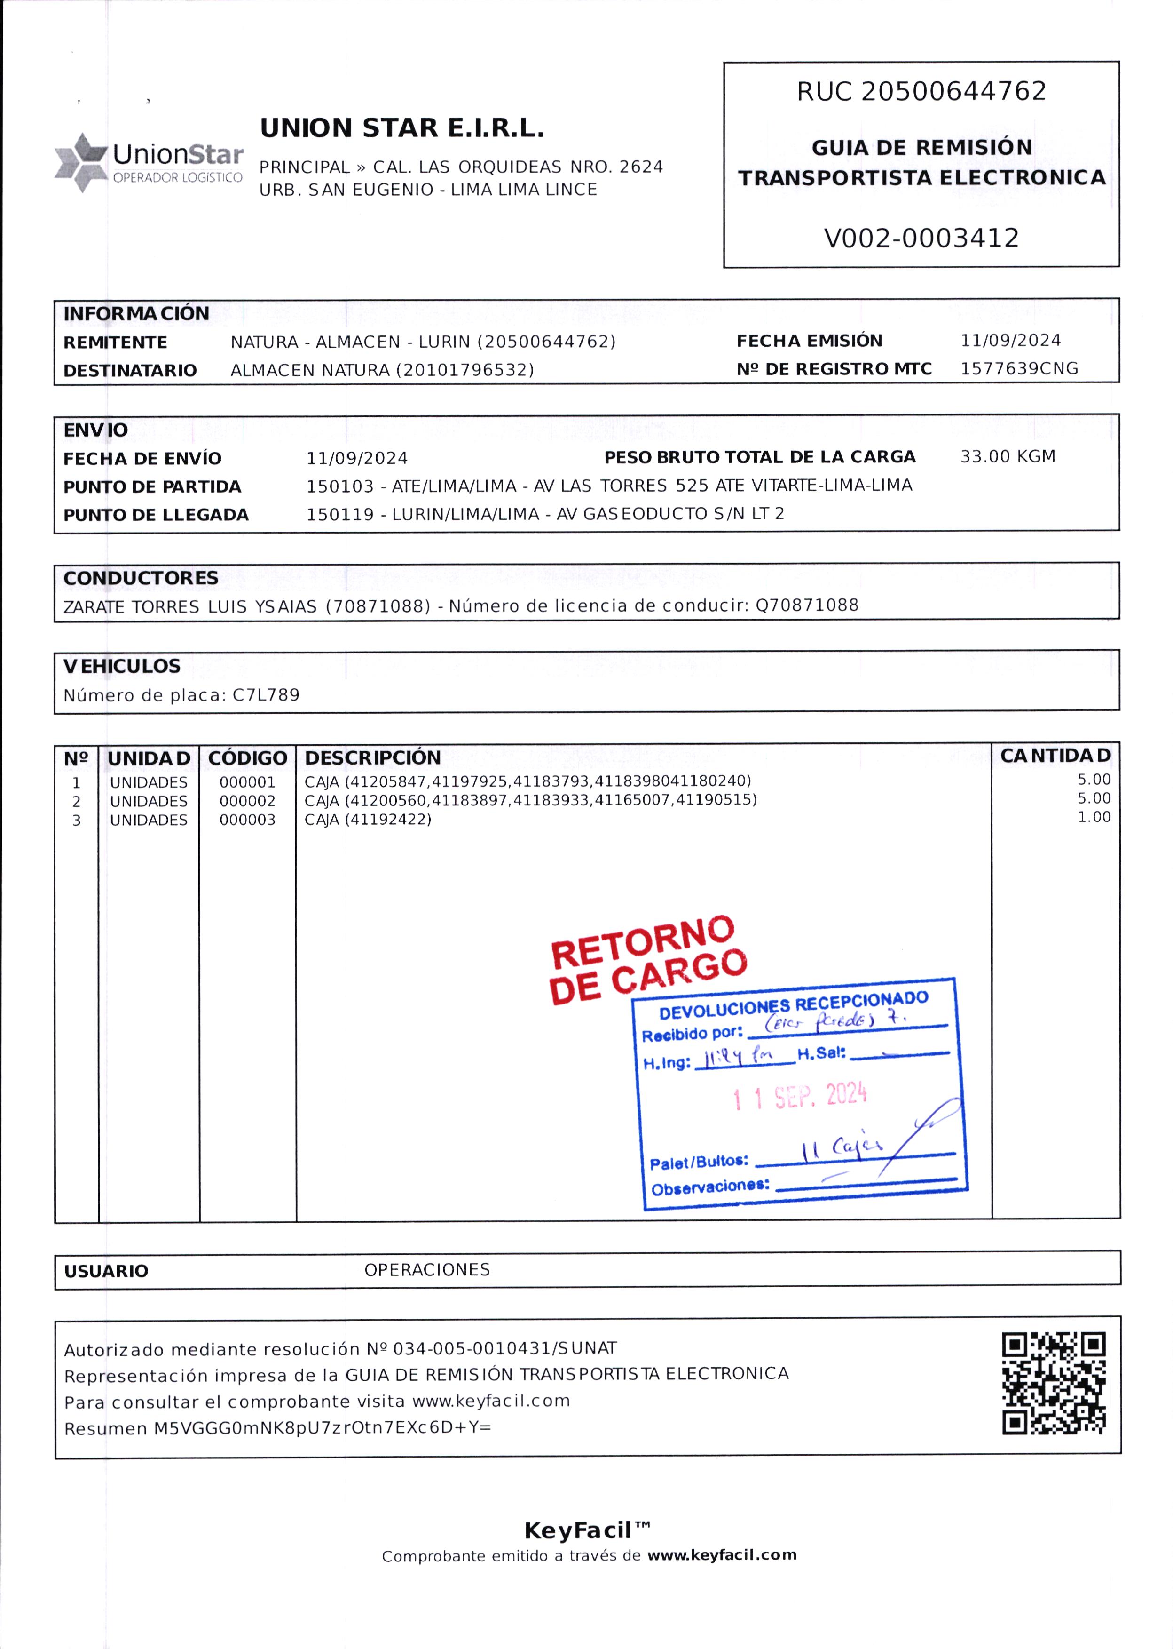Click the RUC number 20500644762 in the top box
pos(953,91)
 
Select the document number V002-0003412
pos(921,238)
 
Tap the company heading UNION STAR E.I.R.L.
pos(401,128)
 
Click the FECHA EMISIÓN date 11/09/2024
pos(1010,340)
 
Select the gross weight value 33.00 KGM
pos(1007,457)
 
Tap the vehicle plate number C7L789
pos(266,695)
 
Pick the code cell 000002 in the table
pos(247,801)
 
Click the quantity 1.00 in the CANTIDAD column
pos(1094,817)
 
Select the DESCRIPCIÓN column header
pos(373,758)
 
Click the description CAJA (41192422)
pos(368,820)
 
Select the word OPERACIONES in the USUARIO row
pos(427,1270)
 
